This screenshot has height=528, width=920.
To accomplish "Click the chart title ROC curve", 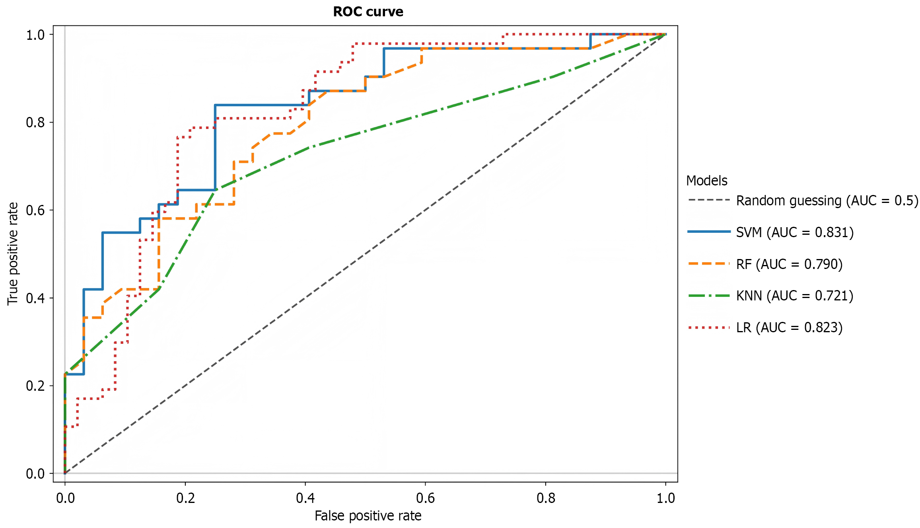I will pyautogui.click(x=368, y=12).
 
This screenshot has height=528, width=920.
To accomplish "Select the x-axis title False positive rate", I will pyautogui.click(x=368, y=516).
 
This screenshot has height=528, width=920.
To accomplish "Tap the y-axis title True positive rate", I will pyautogui.click(x=13, y=254).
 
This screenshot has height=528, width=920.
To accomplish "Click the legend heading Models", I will pyautogui.click(x=706, y=181).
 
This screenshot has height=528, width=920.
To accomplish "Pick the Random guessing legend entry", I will pyautogui.click(x=827, y=201).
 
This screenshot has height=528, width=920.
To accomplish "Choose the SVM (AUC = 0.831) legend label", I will pyautogui.click(x=795, y=232).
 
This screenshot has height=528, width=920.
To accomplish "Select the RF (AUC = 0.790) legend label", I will pyautogui.click(x=789, y=264).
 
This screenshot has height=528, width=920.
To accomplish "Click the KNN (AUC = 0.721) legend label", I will pyautogui.click(x=795, y=296).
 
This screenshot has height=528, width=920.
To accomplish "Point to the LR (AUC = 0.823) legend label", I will pyautogui.click(x=789, y=327).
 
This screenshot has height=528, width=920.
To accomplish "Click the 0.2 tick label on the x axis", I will pyautogui.click(x=185, y=498).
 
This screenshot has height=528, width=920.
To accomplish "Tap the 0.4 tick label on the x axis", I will pyautogui.click(x=305, y=498).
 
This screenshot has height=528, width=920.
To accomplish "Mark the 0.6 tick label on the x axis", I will pyautogui.click(x=425, y=498).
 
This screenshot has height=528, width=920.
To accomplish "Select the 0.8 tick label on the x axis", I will pyautogui.click(x=545, y=498).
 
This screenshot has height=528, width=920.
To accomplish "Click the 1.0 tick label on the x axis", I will pyautogui.click(x=665, y=498).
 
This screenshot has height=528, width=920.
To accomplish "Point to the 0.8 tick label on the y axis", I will pyautogui.click(x=35, y=122).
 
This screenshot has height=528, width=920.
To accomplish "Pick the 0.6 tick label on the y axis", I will pyautogui.click(x=35, y=210).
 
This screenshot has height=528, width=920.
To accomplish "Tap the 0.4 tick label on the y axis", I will pyautogui.click(x=35, y=298).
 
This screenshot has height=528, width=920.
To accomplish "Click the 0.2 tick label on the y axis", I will pyautogui.click(x=35, y=386).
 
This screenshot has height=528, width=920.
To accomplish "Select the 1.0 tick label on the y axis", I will pyautogui.click(x=35, y=35).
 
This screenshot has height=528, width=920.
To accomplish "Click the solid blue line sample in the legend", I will pyautogui.click(x=709, y=232).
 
